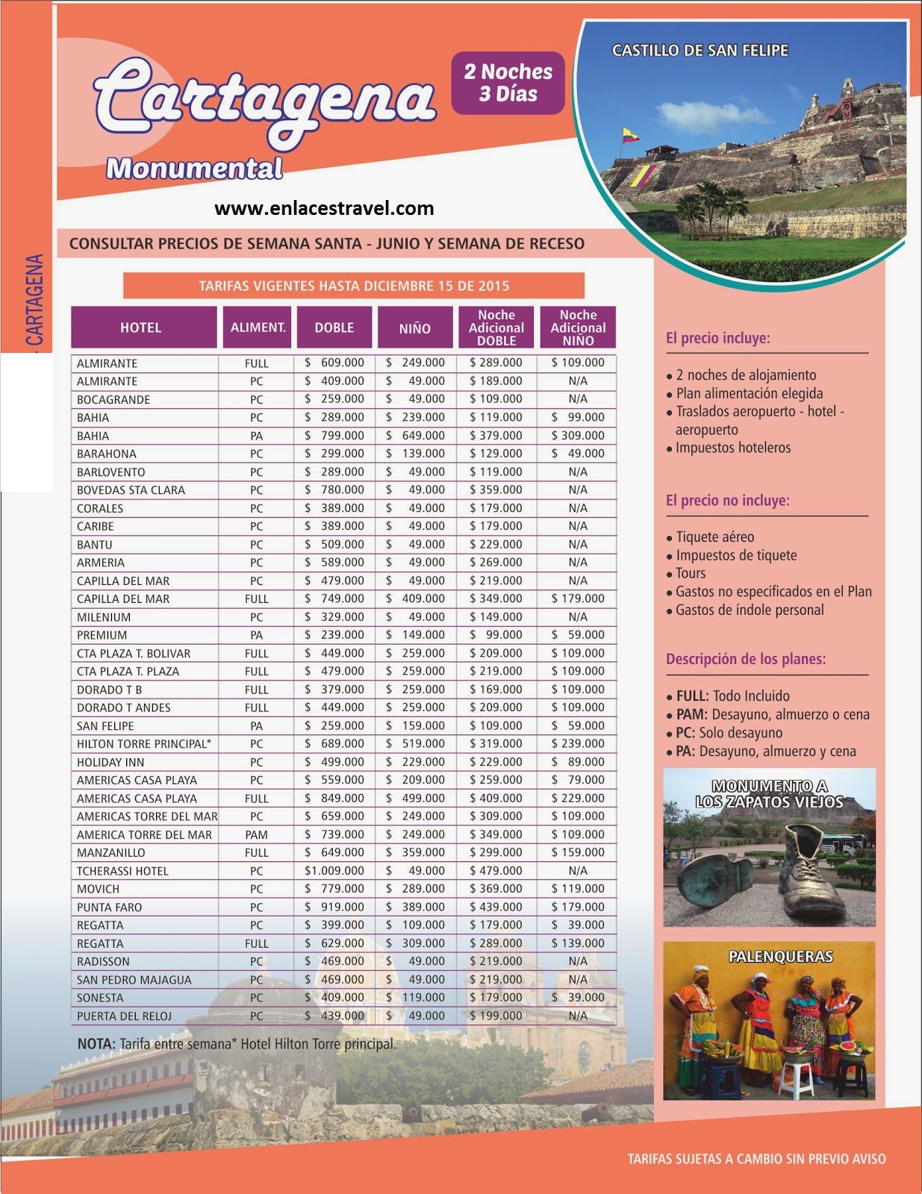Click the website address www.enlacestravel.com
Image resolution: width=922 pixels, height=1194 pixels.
click(x=324, y=208)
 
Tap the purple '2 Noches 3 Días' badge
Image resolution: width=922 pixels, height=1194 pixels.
click(x=508, y=83)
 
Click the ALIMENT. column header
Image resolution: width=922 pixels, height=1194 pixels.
click(x=258, y=328)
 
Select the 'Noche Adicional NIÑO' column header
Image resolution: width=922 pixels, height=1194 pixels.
click(x=578, y=328)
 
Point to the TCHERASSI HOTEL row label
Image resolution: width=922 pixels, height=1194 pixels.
click(x=122, y=871)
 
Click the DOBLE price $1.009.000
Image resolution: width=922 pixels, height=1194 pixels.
click(x=334, y=871)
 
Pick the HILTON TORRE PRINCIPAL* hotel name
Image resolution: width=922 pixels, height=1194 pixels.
click(x=144, y=744)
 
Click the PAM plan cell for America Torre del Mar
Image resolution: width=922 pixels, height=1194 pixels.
click(x=256, y=835)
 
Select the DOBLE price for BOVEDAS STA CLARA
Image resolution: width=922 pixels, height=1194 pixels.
click(x=334, y=490)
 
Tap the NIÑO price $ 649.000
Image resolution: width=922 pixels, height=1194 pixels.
click(x=415, y=436)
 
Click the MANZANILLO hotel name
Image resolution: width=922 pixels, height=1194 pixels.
click(x=111, y=853)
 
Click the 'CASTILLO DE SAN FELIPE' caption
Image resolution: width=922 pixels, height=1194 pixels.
click(x=700, y=51)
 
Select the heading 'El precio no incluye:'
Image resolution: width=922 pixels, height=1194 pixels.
click(x=727, y=501)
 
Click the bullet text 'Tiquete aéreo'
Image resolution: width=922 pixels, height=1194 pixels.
click(x=714, y=537)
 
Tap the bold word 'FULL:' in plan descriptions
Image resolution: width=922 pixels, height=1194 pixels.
click(x=692, y=696)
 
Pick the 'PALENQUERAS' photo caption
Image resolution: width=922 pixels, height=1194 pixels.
click(x=780, y=957)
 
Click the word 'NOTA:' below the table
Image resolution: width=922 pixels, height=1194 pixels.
click(x=96, y=1044)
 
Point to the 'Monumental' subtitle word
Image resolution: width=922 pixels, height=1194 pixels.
click(x=194, y=169)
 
